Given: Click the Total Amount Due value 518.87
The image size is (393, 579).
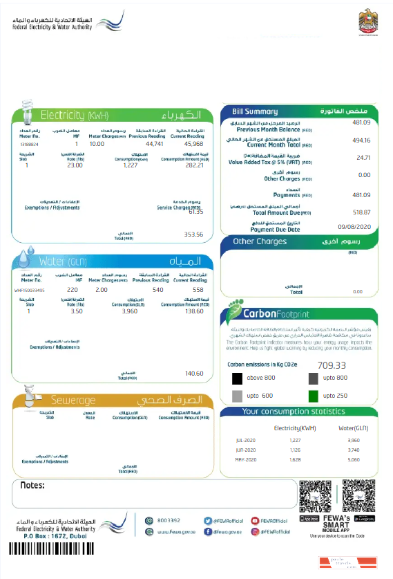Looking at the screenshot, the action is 362,212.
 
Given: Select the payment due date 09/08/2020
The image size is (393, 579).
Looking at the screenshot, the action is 355,227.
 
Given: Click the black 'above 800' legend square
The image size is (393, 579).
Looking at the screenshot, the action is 237,378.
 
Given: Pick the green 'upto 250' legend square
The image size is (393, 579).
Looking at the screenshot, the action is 313,396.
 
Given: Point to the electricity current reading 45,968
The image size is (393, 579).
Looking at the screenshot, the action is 193,144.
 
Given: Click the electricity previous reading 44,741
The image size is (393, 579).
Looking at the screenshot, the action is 154,144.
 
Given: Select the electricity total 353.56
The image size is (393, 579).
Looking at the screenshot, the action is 193,235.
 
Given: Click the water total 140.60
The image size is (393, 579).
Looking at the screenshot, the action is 194,374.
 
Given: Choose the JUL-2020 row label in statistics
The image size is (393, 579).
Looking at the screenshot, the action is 246,440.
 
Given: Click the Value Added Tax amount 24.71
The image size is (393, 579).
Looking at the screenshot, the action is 363,158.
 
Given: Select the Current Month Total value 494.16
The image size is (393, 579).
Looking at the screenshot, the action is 362,140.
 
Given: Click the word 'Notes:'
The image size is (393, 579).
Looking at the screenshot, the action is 32,485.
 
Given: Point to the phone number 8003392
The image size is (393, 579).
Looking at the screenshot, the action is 169,520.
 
